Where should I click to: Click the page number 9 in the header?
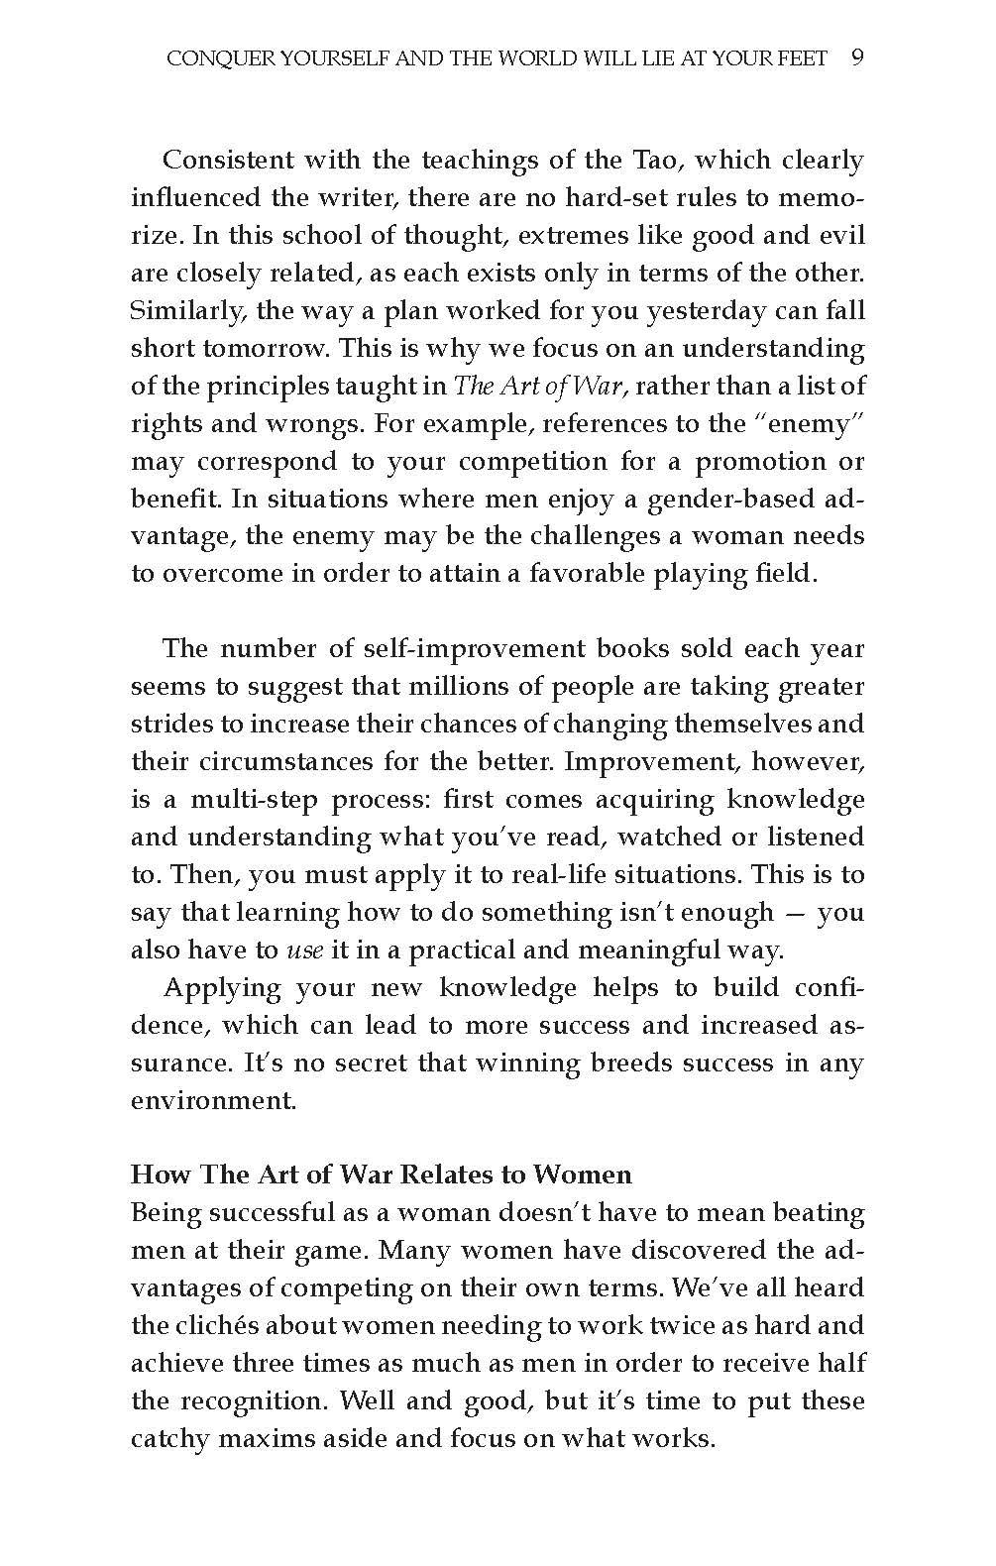coord(857,57)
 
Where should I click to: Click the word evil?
coord(843,236)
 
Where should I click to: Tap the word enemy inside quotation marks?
coord(811,423)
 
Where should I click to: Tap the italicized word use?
coord(305,951)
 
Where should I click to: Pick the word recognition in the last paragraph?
coord(251,1401)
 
